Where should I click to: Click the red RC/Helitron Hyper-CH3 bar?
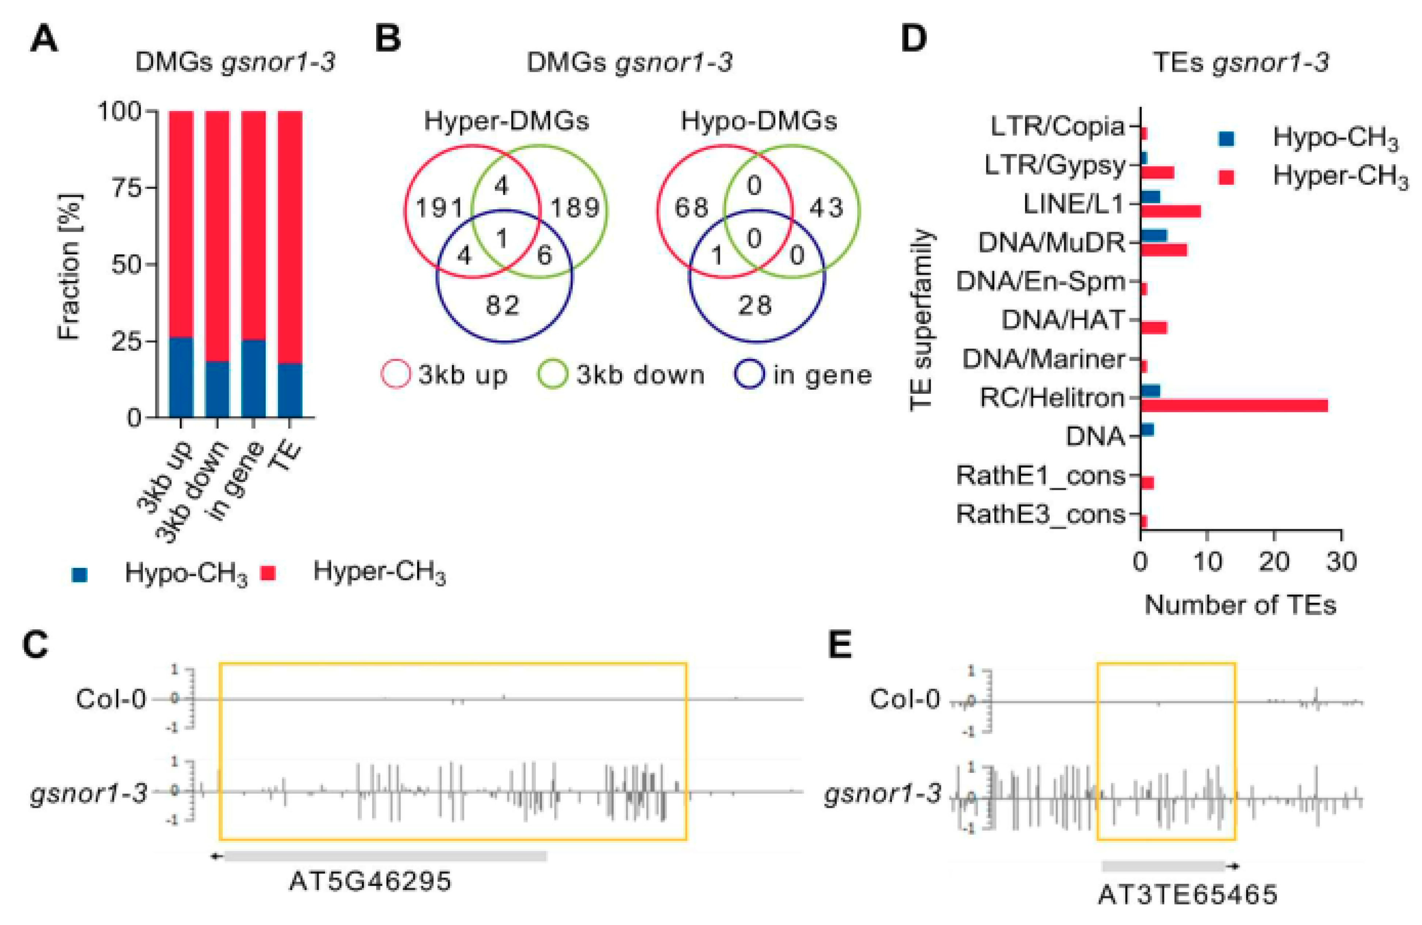tap(1233, 405)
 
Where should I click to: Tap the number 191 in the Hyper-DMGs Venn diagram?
tap(439, 208)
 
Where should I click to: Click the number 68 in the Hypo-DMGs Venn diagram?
tap(691, 208)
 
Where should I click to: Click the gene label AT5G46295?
tap(370, 881)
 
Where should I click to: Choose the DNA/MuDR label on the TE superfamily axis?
tap(1052, 243)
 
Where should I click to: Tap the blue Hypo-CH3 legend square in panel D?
tap(1226, 139)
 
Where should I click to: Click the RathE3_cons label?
tap(1041, 514)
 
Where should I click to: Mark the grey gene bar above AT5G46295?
tap(385, 856)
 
